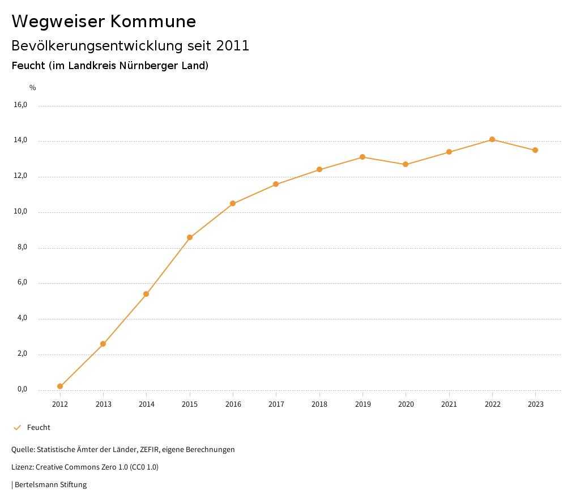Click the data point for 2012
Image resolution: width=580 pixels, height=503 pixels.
click(x=60, y=386)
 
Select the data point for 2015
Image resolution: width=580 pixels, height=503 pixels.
click(x=190, y=237)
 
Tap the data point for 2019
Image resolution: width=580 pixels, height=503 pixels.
click(x=362, y=157)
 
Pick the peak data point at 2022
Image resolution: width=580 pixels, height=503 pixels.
click(x=492, y=139)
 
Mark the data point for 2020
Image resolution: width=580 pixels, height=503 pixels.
click(x=406, y=164)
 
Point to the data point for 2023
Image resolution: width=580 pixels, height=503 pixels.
click(x=535, y=150)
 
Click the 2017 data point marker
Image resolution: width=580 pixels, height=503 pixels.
click(x=276, y=184)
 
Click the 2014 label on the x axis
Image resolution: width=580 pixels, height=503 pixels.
click(x=147, y=404)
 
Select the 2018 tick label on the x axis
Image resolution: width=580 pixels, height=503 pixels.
click(x=319, y=404)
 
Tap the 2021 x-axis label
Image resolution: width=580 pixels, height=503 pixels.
click(x=449, y=404)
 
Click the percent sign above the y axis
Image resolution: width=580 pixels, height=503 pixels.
click(x=33, y=88)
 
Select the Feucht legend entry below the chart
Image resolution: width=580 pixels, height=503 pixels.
click(x=39, y=428)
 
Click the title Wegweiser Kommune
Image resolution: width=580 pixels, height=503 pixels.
click(x=104, y=22)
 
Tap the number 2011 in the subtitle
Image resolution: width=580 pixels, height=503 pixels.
click(x=233, y=46)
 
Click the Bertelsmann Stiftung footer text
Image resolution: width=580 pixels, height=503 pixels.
click(x=50, y=485)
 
